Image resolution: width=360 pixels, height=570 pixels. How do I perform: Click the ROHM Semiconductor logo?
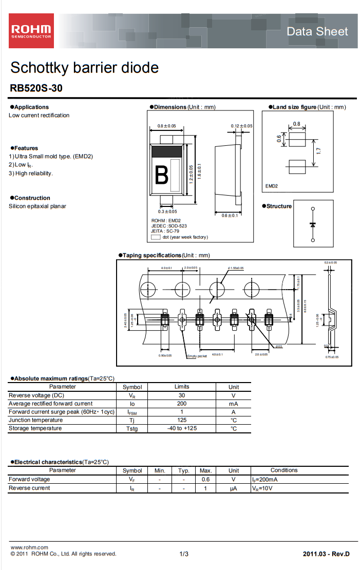[x=31, y=31]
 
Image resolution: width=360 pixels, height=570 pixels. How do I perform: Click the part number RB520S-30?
[x=36, y=88]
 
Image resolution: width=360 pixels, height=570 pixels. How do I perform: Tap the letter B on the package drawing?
[x=161, y=176]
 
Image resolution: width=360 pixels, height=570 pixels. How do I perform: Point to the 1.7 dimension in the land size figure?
[x=319, y=151]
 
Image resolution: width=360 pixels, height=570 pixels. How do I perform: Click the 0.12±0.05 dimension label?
[x=241, y=126]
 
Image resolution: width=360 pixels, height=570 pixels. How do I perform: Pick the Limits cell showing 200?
[x=182, y=404]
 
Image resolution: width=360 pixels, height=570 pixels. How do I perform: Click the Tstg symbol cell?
[x=132, y=429]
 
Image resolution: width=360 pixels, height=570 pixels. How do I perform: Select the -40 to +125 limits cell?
[x=182, y=428]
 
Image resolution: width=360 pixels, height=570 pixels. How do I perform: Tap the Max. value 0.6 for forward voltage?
[x=205, y=479]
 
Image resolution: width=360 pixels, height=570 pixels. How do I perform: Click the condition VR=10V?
[x=262, y=488]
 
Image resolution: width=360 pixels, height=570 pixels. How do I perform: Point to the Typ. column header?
[x=184, y=470]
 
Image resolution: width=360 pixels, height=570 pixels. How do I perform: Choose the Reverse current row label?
[x=29, y=488]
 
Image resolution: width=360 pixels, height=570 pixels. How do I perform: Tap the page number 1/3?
[x=184, y=554]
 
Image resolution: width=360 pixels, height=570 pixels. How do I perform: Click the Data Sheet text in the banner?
[x=317, y=31]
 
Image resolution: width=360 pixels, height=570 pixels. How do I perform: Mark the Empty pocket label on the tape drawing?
[x=197, y=356]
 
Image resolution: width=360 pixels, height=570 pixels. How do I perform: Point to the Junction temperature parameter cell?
[x=35, y=420]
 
